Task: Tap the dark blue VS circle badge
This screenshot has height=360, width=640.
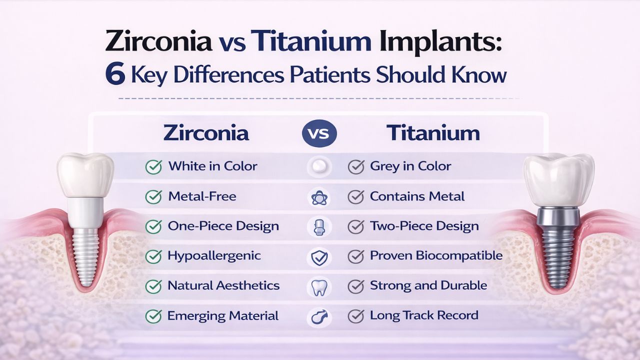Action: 319,133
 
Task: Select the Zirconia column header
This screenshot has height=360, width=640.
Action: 206,133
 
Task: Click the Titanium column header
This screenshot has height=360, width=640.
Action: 433,133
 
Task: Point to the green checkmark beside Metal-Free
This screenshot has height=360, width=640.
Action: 153,197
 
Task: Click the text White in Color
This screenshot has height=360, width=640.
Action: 212,166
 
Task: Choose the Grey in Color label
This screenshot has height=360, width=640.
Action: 410,166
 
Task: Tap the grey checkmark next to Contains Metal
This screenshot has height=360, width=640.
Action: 355,197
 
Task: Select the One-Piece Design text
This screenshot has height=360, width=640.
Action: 223,226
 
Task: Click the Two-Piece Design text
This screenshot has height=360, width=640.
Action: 424,226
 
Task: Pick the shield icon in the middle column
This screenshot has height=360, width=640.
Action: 319,257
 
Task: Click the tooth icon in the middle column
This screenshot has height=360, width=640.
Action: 319,287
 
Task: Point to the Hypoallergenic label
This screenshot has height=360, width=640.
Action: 214,256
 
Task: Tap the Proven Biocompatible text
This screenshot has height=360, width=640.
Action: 436,255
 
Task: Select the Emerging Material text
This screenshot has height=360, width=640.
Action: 223,315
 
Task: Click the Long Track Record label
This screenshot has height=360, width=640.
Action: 424,315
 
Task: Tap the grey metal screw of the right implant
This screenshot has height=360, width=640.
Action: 558,250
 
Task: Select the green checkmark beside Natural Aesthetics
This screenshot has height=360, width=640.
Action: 153,286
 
